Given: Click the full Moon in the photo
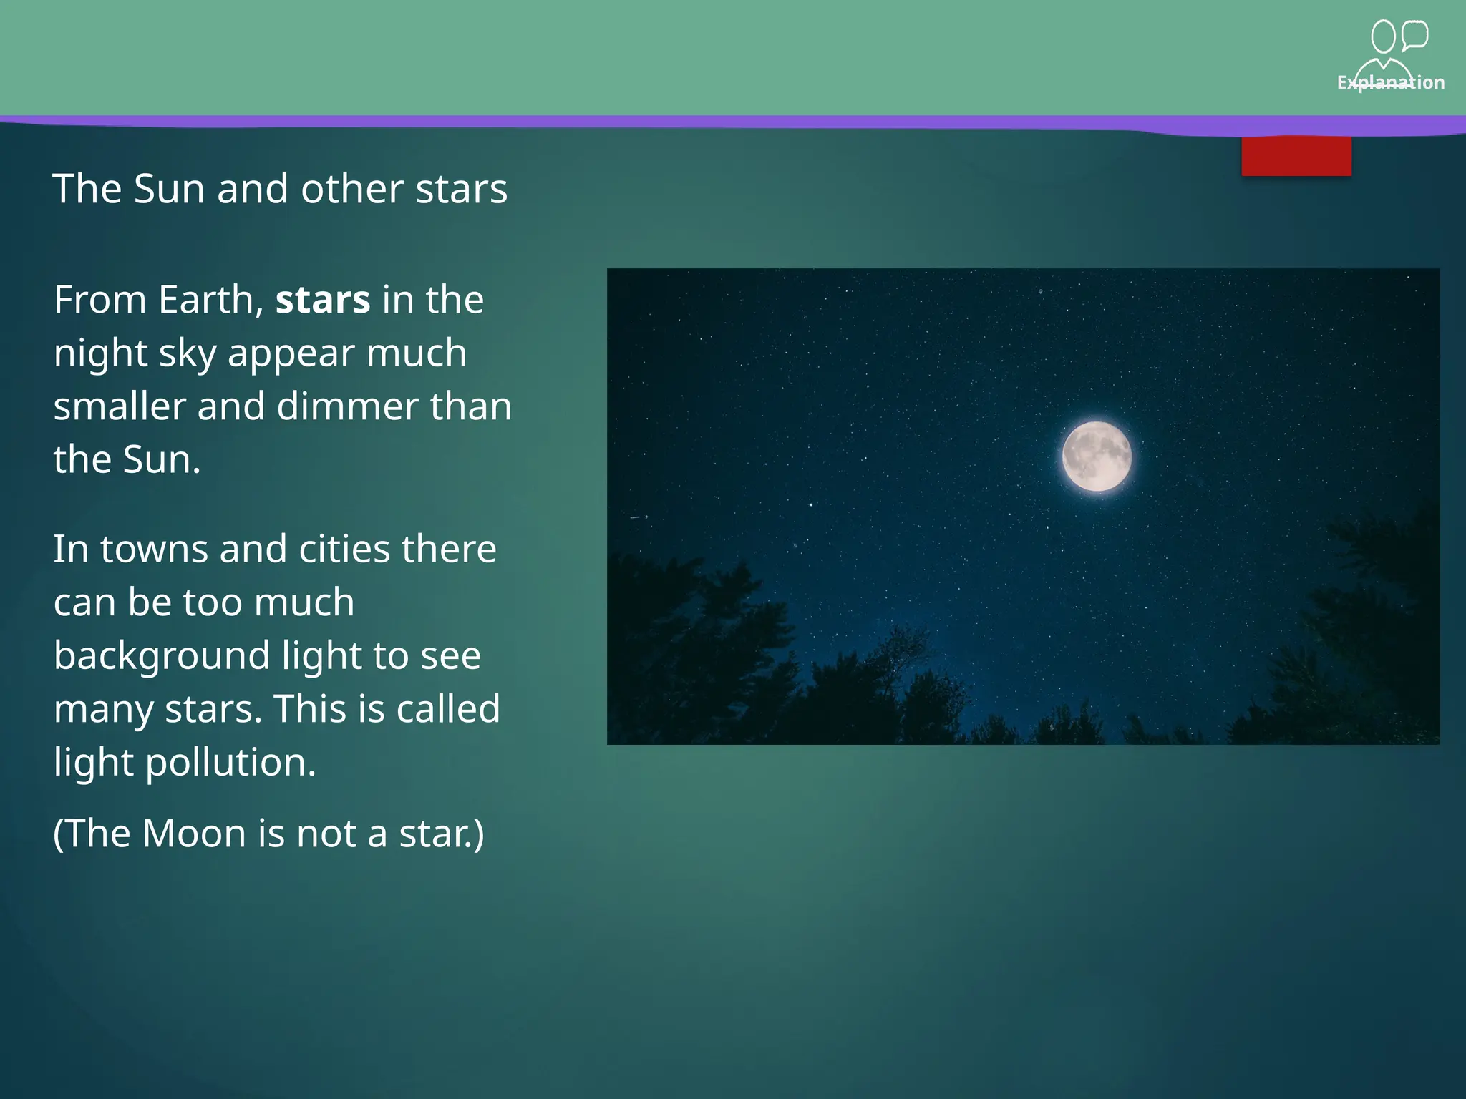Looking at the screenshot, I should [1097, 456].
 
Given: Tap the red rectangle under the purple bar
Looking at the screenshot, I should [1296, 156].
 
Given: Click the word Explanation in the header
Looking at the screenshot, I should [1390, 82].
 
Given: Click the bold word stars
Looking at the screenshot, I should [323, 299].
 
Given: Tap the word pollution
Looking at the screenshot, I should [230, 762].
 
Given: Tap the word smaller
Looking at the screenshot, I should [120, 406].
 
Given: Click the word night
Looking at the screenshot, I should [100, 353].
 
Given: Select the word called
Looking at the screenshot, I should [448, 708].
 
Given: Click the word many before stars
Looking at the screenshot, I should [103, 710].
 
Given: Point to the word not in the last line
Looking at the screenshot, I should [326, 834].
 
